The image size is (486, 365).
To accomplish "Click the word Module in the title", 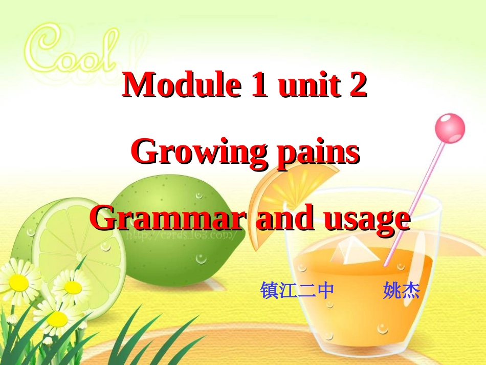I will tap(182, 85).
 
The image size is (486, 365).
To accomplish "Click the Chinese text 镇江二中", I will tap(297, 291).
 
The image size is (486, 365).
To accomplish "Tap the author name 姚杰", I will tap(401, 291).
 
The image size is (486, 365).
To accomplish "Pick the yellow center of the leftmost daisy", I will tap(18, 281).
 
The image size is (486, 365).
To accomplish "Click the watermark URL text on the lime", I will tap(182, 235).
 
